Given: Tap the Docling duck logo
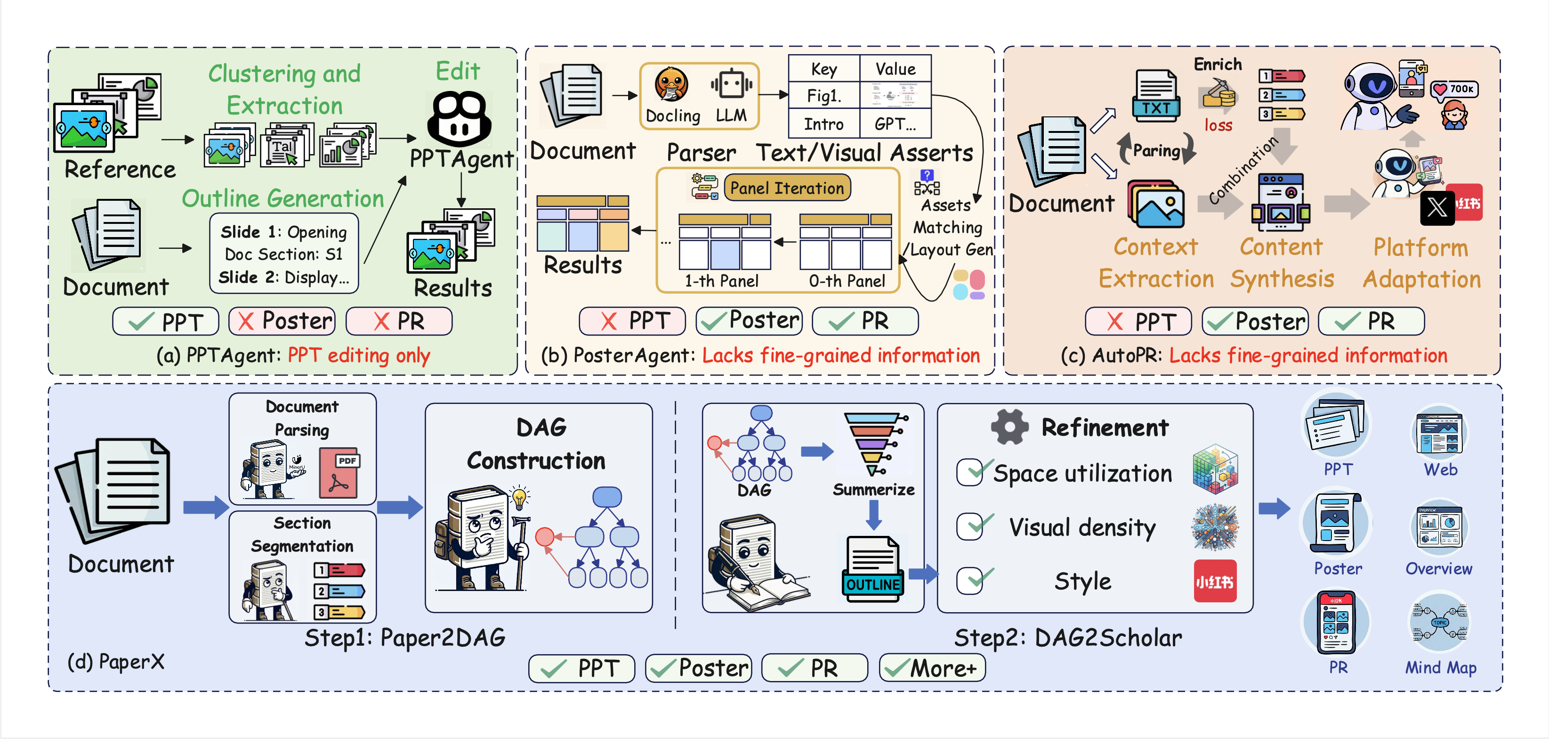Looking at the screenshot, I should click(x=671, y=85).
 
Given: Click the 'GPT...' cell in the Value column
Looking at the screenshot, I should click(x=895, y=124).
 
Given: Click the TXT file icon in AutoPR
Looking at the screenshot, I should click(x=1156, y=96).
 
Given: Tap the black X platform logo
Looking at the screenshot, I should click(x=1436, y=208).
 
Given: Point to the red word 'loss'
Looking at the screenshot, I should click(x=1218, y=125).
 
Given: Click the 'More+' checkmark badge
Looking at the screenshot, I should click(x=932, y=668).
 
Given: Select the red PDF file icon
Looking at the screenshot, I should click(x=339, y=472).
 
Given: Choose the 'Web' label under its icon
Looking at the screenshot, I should click(x=1440, y=469).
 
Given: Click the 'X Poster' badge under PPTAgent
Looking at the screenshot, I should click(x=282, y=321).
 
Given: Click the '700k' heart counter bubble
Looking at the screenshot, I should click(x=1454, y=89).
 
